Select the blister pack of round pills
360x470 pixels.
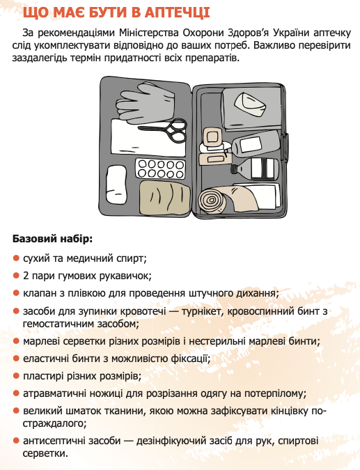click(160, 168)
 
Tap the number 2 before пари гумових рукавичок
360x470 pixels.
click(26, 276)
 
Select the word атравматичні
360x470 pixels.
click(56, 393)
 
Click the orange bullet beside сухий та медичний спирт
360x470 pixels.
click(16, 258)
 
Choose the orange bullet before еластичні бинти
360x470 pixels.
click(16, 359)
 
